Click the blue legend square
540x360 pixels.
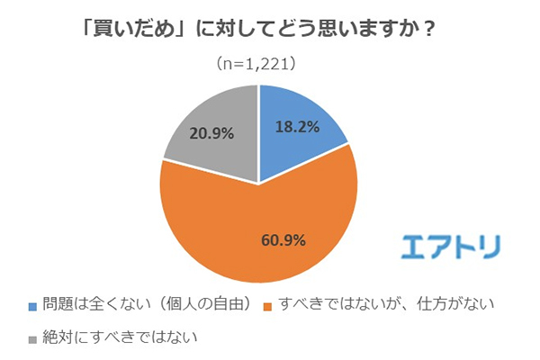(34, 304)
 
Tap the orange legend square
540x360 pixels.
(265, 304)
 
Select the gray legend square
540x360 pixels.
(34, 338)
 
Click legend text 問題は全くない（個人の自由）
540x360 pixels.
(144, 304)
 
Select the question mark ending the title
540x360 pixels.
(430, 28)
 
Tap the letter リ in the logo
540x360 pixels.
(490, 246)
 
